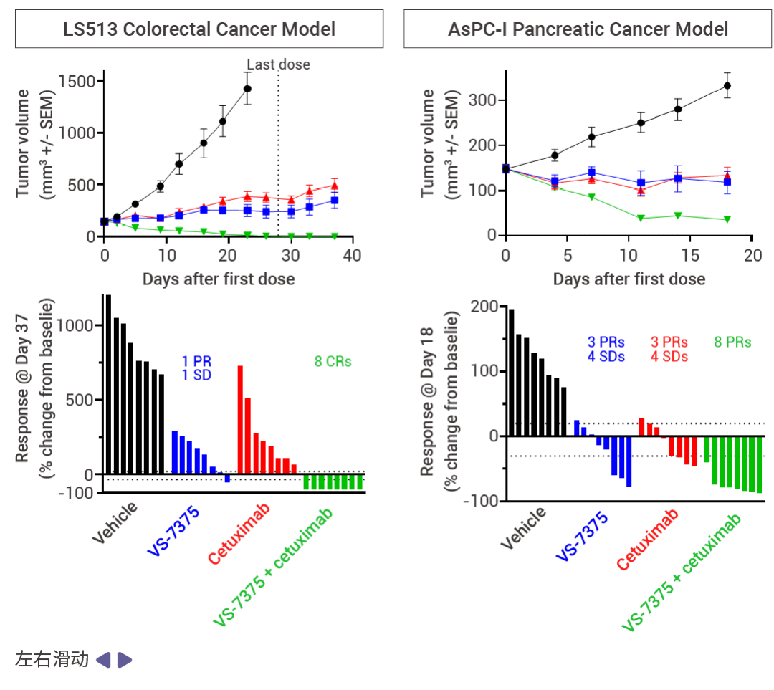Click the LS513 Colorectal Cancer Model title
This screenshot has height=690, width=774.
199,29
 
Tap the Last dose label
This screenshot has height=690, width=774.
279,64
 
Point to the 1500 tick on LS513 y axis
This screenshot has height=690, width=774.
78,81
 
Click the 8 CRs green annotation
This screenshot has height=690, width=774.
333,362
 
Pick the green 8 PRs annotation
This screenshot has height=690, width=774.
732,342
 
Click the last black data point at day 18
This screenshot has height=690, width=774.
727,86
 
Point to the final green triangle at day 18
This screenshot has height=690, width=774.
727,219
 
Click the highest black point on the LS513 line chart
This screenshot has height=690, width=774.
247,89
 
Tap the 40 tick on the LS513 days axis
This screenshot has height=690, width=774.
352,256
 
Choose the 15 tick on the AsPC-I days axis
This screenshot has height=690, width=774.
690,256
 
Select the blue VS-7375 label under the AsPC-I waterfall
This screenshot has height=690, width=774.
582,535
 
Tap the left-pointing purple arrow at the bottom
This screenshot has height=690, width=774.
103,660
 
